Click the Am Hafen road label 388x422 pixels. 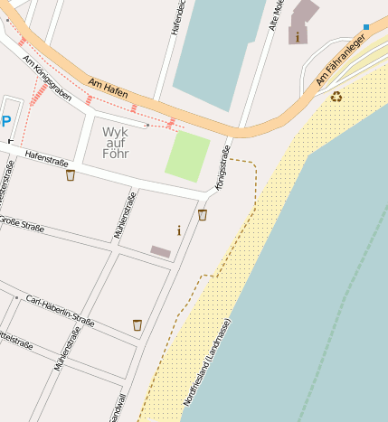pyautogui.click(x=108, y=89)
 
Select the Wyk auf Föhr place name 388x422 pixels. pyautogui.click(x=116, y=141)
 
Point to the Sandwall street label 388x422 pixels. pyautogui.click(x=116, y=408)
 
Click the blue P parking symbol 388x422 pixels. pyautogui.click(x=6, y=122)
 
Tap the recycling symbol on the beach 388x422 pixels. pyautogui.click(x=336, y=96)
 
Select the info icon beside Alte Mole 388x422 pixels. pyautogui.click(x=297, y=37)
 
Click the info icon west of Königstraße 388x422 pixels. pyautogui.click(x=179, y=230)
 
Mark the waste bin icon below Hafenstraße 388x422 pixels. pyautogui.click(x=71, y=174)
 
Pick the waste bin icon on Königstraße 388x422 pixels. pyautogui.click(x=203, y=214)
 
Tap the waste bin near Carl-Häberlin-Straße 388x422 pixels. pyautogui.click(x=137, y=324)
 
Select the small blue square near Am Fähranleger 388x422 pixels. pyautogui.click(x=366, y=27)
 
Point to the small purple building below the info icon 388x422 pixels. pyautogui.click(x=160, y=251)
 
